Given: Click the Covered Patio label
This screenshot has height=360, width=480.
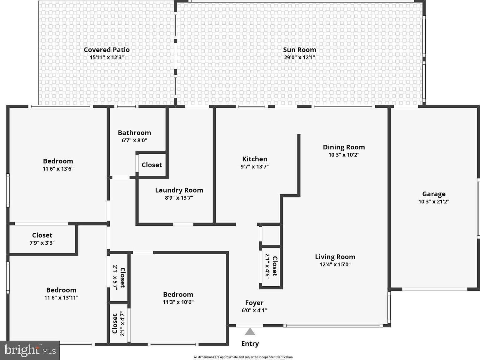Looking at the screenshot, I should (107, 50).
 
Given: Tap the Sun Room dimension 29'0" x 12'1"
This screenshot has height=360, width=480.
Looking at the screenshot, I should (299, 57).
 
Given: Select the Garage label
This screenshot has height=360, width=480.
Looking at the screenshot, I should (434, 194).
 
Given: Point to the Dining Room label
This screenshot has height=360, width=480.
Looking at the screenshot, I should (344, 147).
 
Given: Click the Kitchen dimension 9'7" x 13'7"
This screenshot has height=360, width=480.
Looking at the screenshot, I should (254, 167).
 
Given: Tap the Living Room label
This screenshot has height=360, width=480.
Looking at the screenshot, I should (335, 257).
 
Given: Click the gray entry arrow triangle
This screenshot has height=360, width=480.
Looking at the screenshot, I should (250, 332).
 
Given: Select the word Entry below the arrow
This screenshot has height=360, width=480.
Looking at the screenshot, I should (250, 344).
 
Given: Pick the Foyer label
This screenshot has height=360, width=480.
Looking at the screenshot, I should (254, 303).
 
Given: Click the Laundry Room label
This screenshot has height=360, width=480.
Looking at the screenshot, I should (179, 190).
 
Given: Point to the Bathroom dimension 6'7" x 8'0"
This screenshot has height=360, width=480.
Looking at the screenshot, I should (134, 140).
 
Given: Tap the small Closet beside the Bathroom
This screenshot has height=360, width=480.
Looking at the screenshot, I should (152, 165).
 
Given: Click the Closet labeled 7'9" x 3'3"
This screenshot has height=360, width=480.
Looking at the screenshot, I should (42, 235).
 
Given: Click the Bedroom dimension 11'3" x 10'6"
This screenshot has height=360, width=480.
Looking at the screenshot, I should (178, 302).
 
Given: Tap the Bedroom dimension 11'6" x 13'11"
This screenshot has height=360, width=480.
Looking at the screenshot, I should (61, 298).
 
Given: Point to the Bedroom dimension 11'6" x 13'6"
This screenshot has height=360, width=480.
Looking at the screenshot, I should (58, 169).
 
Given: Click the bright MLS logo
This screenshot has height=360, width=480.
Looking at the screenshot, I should (30, 350).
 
